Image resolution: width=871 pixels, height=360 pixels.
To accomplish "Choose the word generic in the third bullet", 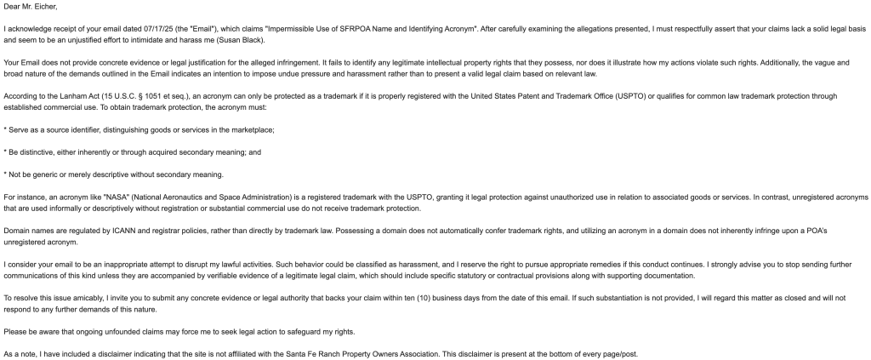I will pyautogui.click(x=45, y=174).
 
